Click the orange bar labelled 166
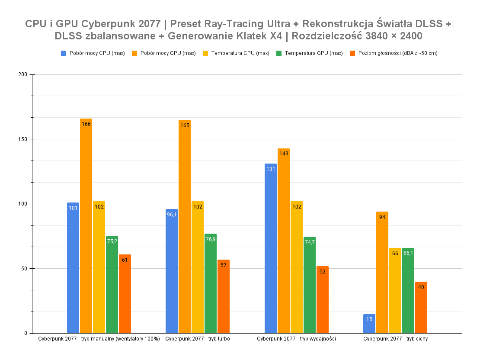tap(86, 226)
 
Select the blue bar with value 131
tap(271, 248)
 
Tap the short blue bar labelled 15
tap(369, 324)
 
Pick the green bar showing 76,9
tap(211, 283)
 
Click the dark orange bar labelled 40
tap(421, 307)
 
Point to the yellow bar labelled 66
tap(395, 290)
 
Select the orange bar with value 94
tap(382, 272)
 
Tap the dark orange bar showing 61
tap(125, 294)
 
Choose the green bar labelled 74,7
tap(310, 285)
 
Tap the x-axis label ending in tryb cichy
tap(395, 339)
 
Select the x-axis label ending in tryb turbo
tap(198, 339)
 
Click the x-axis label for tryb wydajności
tap(296, 339)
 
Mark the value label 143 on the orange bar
tap(284, 154)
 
